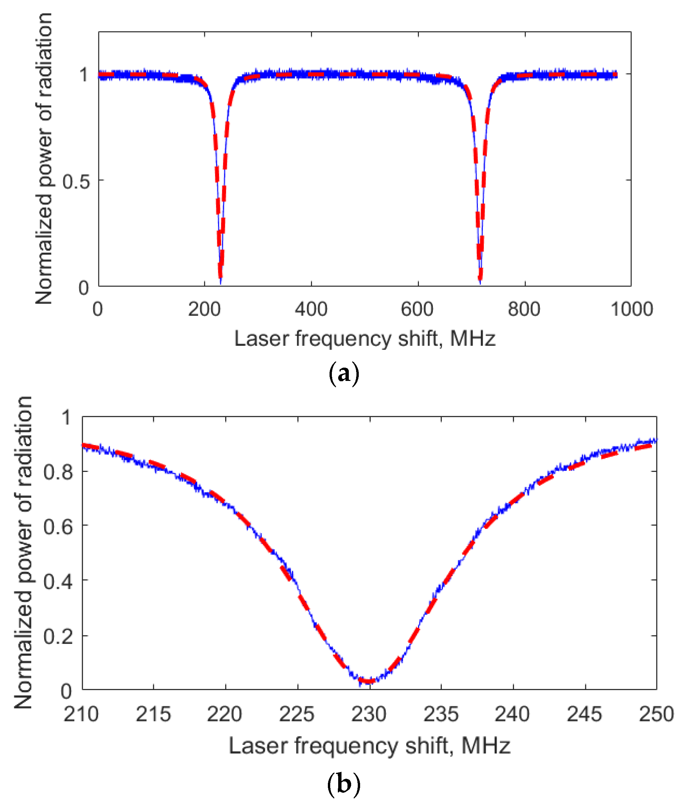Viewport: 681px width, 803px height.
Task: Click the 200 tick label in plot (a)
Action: pos(204,309)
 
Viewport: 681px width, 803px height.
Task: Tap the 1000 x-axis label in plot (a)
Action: pos(632,309)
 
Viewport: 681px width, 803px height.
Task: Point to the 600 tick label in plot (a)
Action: pos(417,309)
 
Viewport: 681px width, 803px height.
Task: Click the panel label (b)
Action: pos(343,784)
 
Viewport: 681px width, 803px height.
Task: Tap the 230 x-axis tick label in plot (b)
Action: pos(369,714)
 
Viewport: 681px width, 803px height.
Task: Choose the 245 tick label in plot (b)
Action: pos(584,714)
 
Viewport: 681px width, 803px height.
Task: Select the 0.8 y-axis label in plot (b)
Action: pos(58,472)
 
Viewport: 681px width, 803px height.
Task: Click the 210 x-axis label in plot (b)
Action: pos(81,714)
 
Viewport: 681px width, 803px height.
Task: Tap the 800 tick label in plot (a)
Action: pos(524,309)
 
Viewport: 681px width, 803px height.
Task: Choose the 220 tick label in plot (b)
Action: pos(224,714)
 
